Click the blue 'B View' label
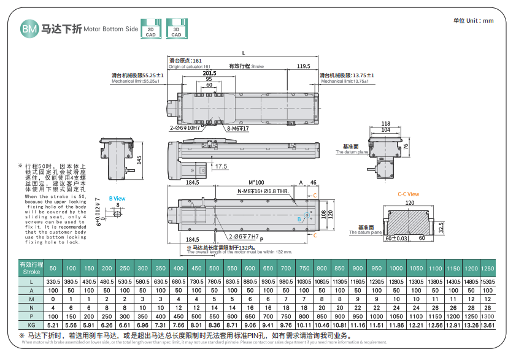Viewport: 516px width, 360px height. pyautogui.click(x=117, y=199)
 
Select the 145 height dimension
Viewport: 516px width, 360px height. pyautogui.click(x=139, y=160)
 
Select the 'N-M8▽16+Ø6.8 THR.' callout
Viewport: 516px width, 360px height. pyautogui.click(x=263, y=191)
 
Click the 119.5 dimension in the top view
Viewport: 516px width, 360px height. pyautogui.click(x=303, y=66)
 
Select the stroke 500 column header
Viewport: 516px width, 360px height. pyautogui.click(x=214, y=268)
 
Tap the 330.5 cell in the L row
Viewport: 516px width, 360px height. pyautogui.click(x=53, y=281)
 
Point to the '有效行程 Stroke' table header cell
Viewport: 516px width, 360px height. pyautogui.click(x=31, y=268)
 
